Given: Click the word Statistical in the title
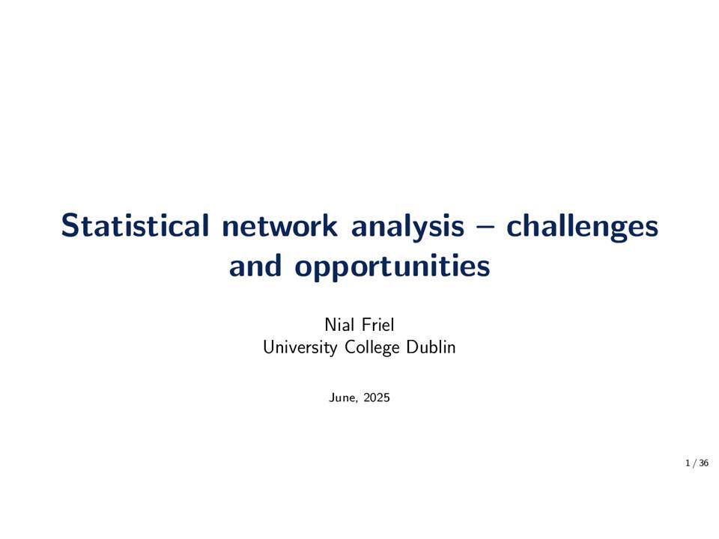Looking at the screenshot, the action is click(x=135, y=225).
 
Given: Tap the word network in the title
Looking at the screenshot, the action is click(x=280, y=225).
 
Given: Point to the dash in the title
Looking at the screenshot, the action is click(x=485, y=227).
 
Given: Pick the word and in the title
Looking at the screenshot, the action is click(x=255, y=265).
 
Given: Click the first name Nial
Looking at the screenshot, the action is click(x=339, y=324).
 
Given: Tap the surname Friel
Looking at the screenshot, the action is click(x=377, y=324).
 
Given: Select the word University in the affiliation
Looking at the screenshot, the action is click(x=300, y=347).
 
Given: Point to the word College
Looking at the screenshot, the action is click(x=372, y=347).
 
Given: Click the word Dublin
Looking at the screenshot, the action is click(x=431, y=347).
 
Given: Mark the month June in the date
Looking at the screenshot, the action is click(x=342, y=397).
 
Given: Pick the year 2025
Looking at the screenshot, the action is click(x=377, y=397).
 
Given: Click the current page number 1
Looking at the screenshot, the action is click(x=688, y=463).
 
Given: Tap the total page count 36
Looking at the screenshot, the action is click(x=704, y=463).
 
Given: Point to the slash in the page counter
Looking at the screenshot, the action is click(x=695, y=463).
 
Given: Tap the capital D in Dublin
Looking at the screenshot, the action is click(x=412, y=347).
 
